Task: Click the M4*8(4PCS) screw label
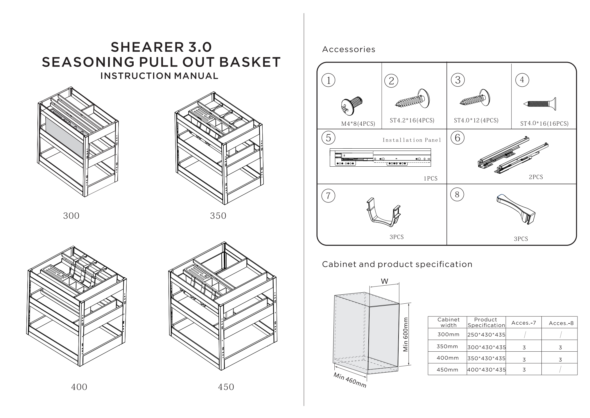[x=358, y=124]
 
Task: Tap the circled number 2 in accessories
[x=391, y=81]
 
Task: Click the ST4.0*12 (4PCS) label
[x=476, y=120]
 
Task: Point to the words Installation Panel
[x=412, y=140]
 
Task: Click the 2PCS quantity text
[x=536, y=177]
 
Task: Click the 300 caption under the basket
[x=71, y=216]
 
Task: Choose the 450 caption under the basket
[x=226, y=387]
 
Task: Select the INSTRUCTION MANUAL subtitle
[x=159, y=76]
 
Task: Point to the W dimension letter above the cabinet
[x=384, y=281]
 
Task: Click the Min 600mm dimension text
[x=406, y=335]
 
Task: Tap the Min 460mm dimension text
[x=350, y=380]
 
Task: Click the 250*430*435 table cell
[x=486, y=335]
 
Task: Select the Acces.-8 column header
[x=561, y=323]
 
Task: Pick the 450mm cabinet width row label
[x=447, y=370]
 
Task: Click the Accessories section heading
[x=349, y=49]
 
